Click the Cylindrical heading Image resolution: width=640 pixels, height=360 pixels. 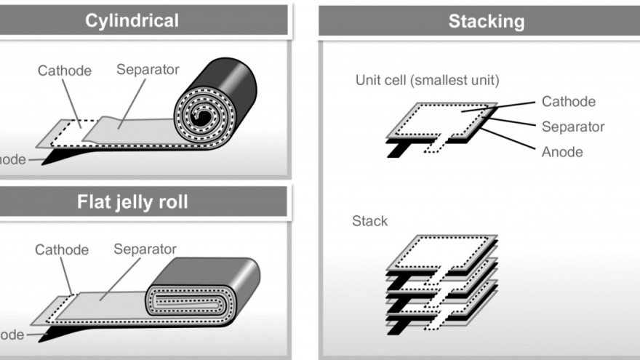click(x=132, y=20)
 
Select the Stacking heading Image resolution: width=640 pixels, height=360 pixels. click(x=486, y=21)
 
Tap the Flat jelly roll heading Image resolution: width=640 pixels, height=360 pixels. click(x=132, y=201)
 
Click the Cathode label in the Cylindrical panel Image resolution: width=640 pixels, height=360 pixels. click(x=65, y=71)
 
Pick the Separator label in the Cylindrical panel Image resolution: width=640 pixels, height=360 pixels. click(x=148, y=70)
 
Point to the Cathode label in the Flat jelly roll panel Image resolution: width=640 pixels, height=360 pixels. click(x=62, y=249)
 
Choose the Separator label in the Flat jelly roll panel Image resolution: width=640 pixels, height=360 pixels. click(x=145, y=249)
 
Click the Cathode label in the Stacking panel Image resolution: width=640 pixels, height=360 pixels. click(x=568, y=102)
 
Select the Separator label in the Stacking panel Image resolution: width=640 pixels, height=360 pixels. click(x=573, y=127)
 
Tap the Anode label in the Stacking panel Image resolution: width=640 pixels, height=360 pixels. click(x=562, y=152)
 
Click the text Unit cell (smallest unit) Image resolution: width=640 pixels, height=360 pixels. click(x=427, y=80)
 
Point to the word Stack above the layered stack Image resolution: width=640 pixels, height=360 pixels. click(x=369, y=220)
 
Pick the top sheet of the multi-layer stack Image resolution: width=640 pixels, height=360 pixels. click(x=444, y=249)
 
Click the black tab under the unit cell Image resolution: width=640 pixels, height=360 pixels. click(x=397, y=148)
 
